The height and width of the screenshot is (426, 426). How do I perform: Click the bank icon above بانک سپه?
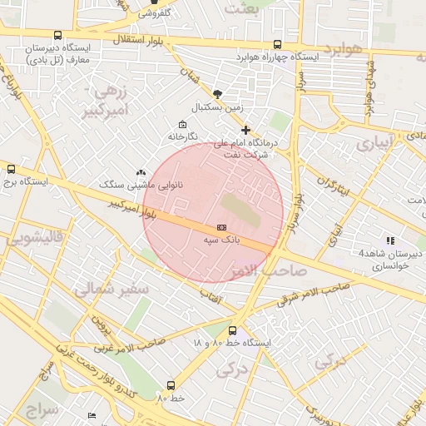pos(221,226)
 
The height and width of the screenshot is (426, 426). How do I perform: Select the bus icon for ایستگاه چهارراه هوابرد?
pos(277,45)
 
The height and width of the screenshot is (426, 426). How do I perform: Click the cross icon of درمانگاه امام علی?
pos(245,130)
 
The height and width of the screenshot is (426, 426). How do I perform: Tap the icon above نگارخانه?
pos(182,124)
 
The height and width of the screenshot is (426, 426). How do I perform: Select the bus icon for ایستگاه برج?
pos(11,168)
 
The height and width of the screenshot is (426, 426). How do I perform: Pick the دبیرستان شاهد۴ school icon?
pos(390,240)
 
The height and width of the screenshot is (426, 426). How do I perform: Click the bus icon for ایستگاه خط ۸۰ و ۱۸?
pos(232,330)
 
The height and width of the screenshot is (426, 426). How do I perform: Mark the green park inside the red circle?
pos(240,209)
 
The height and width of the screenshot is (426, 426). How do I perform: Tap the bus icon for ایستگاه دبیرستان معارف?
pos(57,35)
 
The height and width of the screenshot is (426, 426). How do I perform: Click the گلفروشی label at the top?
pos(153,12)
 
